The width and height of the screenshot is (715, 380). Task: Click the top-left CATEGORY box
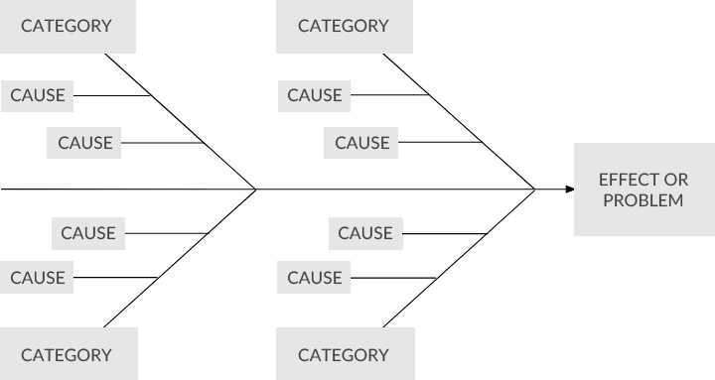(x=67, y=26)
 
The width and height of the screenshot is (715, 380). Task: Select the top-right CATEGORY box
(x=344, y=26)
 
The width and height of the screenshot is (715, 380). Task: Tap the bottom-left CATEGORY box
(x=67, y=354)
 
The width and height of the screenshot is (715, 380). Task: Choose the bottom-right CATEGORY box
(x=344, y=354)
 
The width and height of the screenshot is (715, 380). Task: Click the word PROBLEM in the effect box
(x=643, y=200)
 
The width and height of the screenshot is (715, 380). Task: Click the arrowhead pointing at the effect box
(x=569, y=189)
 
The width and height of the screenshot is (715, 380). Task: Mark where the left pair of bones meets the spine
(x=257, y=189)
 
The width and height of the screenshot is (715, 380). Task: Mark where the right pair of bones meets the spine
(x=535, y=189)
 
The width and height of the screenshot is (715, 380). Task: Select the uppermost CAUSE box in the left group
(x=38, y=95)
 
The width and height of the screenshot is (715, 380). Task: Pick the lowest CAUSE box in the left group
(x=38, y=278)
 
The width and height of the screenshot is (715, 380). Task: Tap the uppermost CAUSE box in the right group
(x=315, y=95)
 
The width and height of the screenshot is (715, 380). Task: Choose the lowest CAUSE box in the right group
(x=315, y=278)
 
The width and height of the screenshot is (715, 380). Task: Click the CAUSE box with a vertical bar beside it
(x=365, y=233)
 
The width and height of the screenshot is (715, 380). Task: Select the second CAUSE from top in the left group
(x=84, y=143)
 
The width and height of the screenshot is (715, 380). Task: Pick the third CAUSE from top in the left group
(x=88, y=233)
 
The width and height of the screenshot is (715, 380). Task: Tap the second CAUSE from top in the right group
(x=361, y=143)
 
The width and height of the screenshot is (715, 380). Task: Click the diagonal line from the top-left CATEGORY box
(x=179, y=119)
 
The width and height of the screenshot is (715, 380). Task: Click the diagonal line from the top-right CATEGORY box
(x=457, y=119)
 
